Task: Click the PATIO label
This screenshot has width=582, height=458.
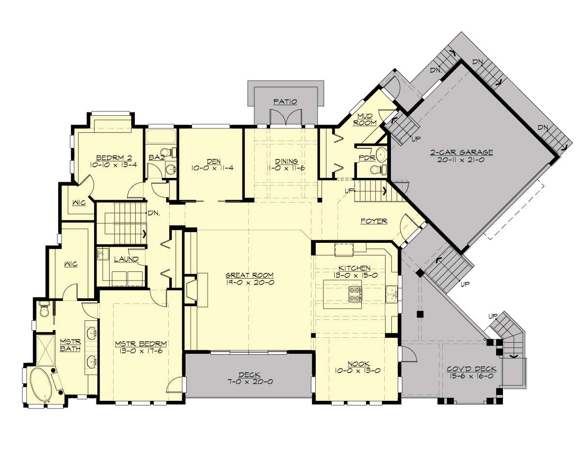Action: tap(285, 101)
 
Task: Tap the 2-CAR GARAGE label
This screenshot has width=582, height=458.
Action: tap(461, 152)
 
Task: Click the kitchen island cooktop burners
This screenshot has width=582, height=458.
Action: tap(355, 294)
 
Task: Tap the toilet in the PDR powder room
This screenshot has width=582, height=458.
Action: tap(377, 169)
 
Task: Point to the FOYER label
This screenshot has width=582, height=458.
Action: tap(374, 221)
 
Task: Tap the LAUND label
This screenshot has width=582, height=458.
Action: tap(126, 259)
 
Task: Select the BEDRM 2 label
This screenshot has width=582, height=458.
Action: tap(114, 158)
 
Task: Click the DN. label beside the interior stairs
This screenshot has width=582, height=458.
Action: tap(154, 212)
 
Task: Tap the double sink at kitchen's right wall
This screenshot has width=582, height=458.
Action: tap(392, 294)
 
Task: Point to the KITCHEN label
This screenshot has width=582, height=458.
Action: tap(355, 268)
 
